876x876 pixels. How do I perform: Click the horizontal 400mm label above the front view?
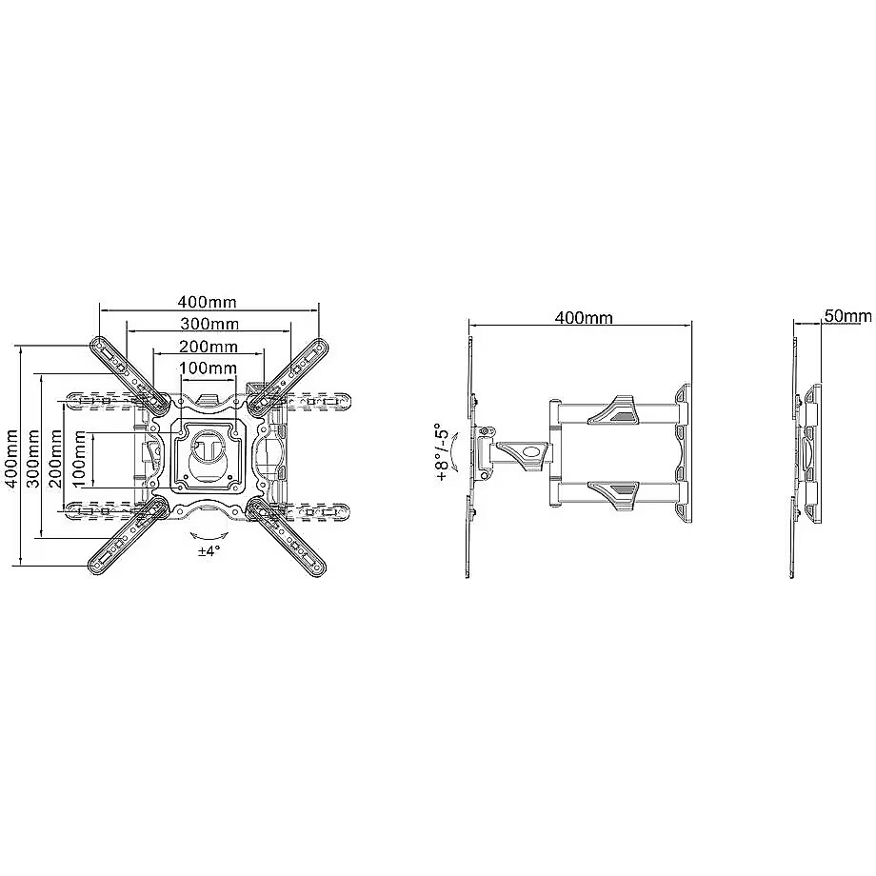208,302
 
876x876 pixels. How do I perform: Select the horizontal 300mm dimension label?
209,324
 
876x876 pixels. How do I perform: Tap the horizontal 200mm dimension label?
209,347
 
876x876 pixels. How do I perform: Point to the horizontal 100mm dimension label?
208,368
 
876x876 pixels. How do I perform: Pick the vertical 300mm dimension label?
33,458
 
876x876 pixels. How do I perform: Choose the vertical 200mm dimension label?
55,458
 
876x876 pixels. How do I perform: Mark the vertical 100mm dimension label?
79,458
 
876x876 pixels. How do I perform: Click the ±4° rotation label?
209,551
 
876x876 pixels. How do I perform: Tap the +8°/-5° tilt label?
443,453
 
